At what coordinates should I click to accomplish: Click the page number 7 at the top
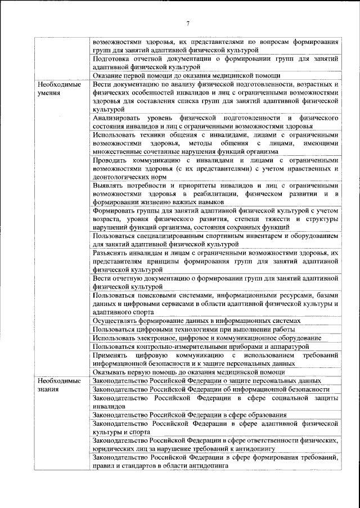[188, 23]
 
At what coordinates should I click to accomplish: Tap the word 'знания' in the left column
[49, 389]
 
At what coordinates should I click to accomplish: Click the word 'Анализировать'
[118, 118]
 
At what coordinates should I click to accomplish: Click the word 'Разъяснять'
[112, 254]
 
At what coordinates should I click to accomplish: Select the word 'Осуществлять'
[117, 320]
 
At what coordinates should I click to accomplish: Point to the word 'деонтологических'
[124, 177]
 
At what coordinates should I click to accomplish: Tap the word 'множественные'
[119, 151]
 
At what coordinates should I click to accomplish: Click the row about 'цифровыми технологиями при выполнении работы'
[215, 329]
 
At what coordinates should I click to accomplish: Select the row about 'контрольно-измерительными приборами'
[215, 346]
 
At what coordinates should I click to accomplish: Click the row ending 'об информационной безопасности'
[215, 389]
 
